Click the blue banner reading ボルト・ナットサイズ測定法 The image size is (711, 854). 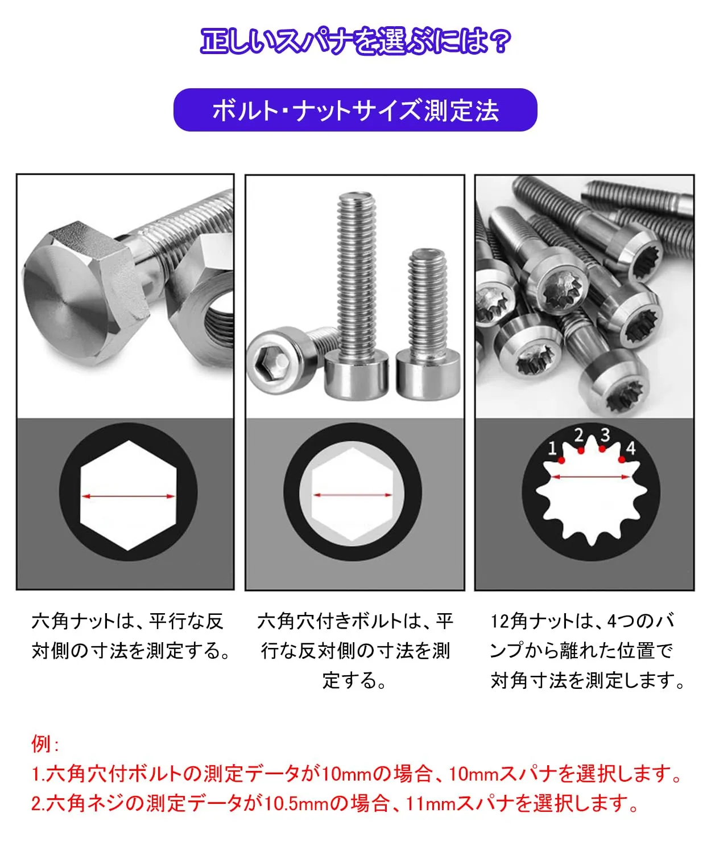click(x=355, y=110)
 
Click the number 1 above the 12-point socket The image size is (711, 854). click(x=552, y=448)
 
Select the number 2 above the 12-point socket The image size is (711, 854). click(x=578, y=435)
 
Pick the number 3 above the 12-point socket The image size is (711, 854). click(x=605, y=435)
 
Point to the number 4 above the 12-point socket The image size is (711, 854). click(x=631, y=448)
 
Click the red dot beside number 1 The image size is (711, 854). click(x=561, y=460)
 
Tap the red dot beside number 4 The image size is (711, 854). click(x=622, y=459)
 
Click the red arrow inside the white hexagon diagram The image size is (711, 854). click(x=129, y=496)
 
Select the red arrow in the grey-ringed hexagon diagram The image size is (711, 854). click(x=352, y=495)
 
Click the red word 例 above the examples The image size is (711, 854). click(x=42, y=744)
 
